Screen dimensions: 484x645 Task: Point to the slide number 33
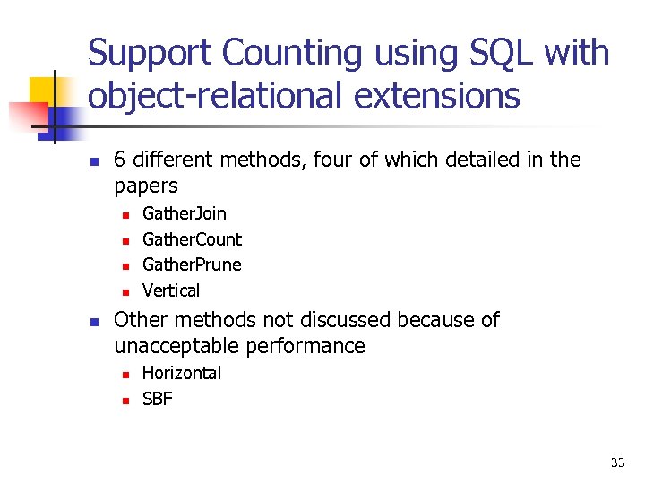pos(617,462)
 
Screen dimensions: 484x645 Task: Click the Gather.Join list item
pos(185,213)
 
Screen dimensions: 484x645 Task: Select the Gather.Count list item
pos(192,239)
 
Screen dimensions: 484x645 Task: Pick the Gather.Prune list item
pos(192,264)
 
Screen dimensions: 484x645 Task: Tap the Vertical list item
pos(171,290)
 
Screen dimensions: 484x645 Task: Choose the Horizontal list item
pos(182,373)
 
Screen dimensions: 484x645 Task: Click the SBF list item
pos(157,399)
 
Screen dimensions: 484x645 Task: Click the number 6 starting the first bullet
pos(120,160)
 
